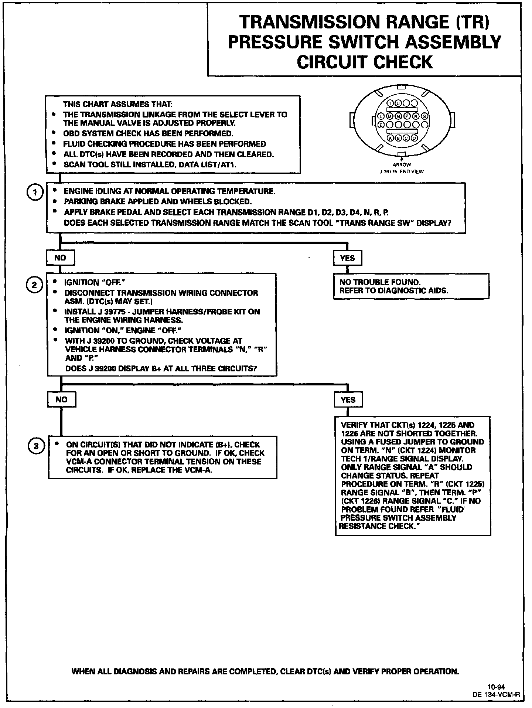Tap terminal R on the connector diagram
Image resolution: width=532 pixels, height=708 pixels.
point(416,116)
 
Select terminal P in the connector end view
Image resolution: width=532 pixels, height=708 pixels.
point(407,116)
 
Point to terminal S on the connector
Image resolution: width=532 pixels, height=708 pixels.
point(424,116)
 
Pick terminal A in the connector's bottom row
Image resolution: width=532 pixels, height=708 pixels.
point(390,138)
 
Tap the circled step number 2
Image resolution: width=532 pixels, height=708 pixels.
point(34,285)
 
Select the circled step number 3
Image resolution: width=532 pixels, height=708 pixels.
point(36,446)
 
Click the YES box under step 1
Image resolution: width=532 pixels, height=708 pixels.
point(347,258)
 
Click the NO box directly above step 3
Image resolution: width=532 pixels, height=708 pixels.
point(61,399)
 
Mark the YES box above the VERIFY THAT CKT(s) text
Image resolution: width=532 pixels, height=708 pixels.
point(348,400)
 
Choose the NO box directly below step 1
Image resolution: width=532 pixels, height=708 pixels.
point(60,258)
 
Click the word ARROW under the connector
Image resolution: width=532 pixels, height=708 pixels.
point(402,165)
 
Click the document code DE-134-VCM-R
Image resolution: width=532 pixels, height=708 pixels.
point(496,694)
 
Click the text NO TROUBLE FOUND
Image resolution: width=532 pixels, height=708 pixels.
point(380,282)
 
